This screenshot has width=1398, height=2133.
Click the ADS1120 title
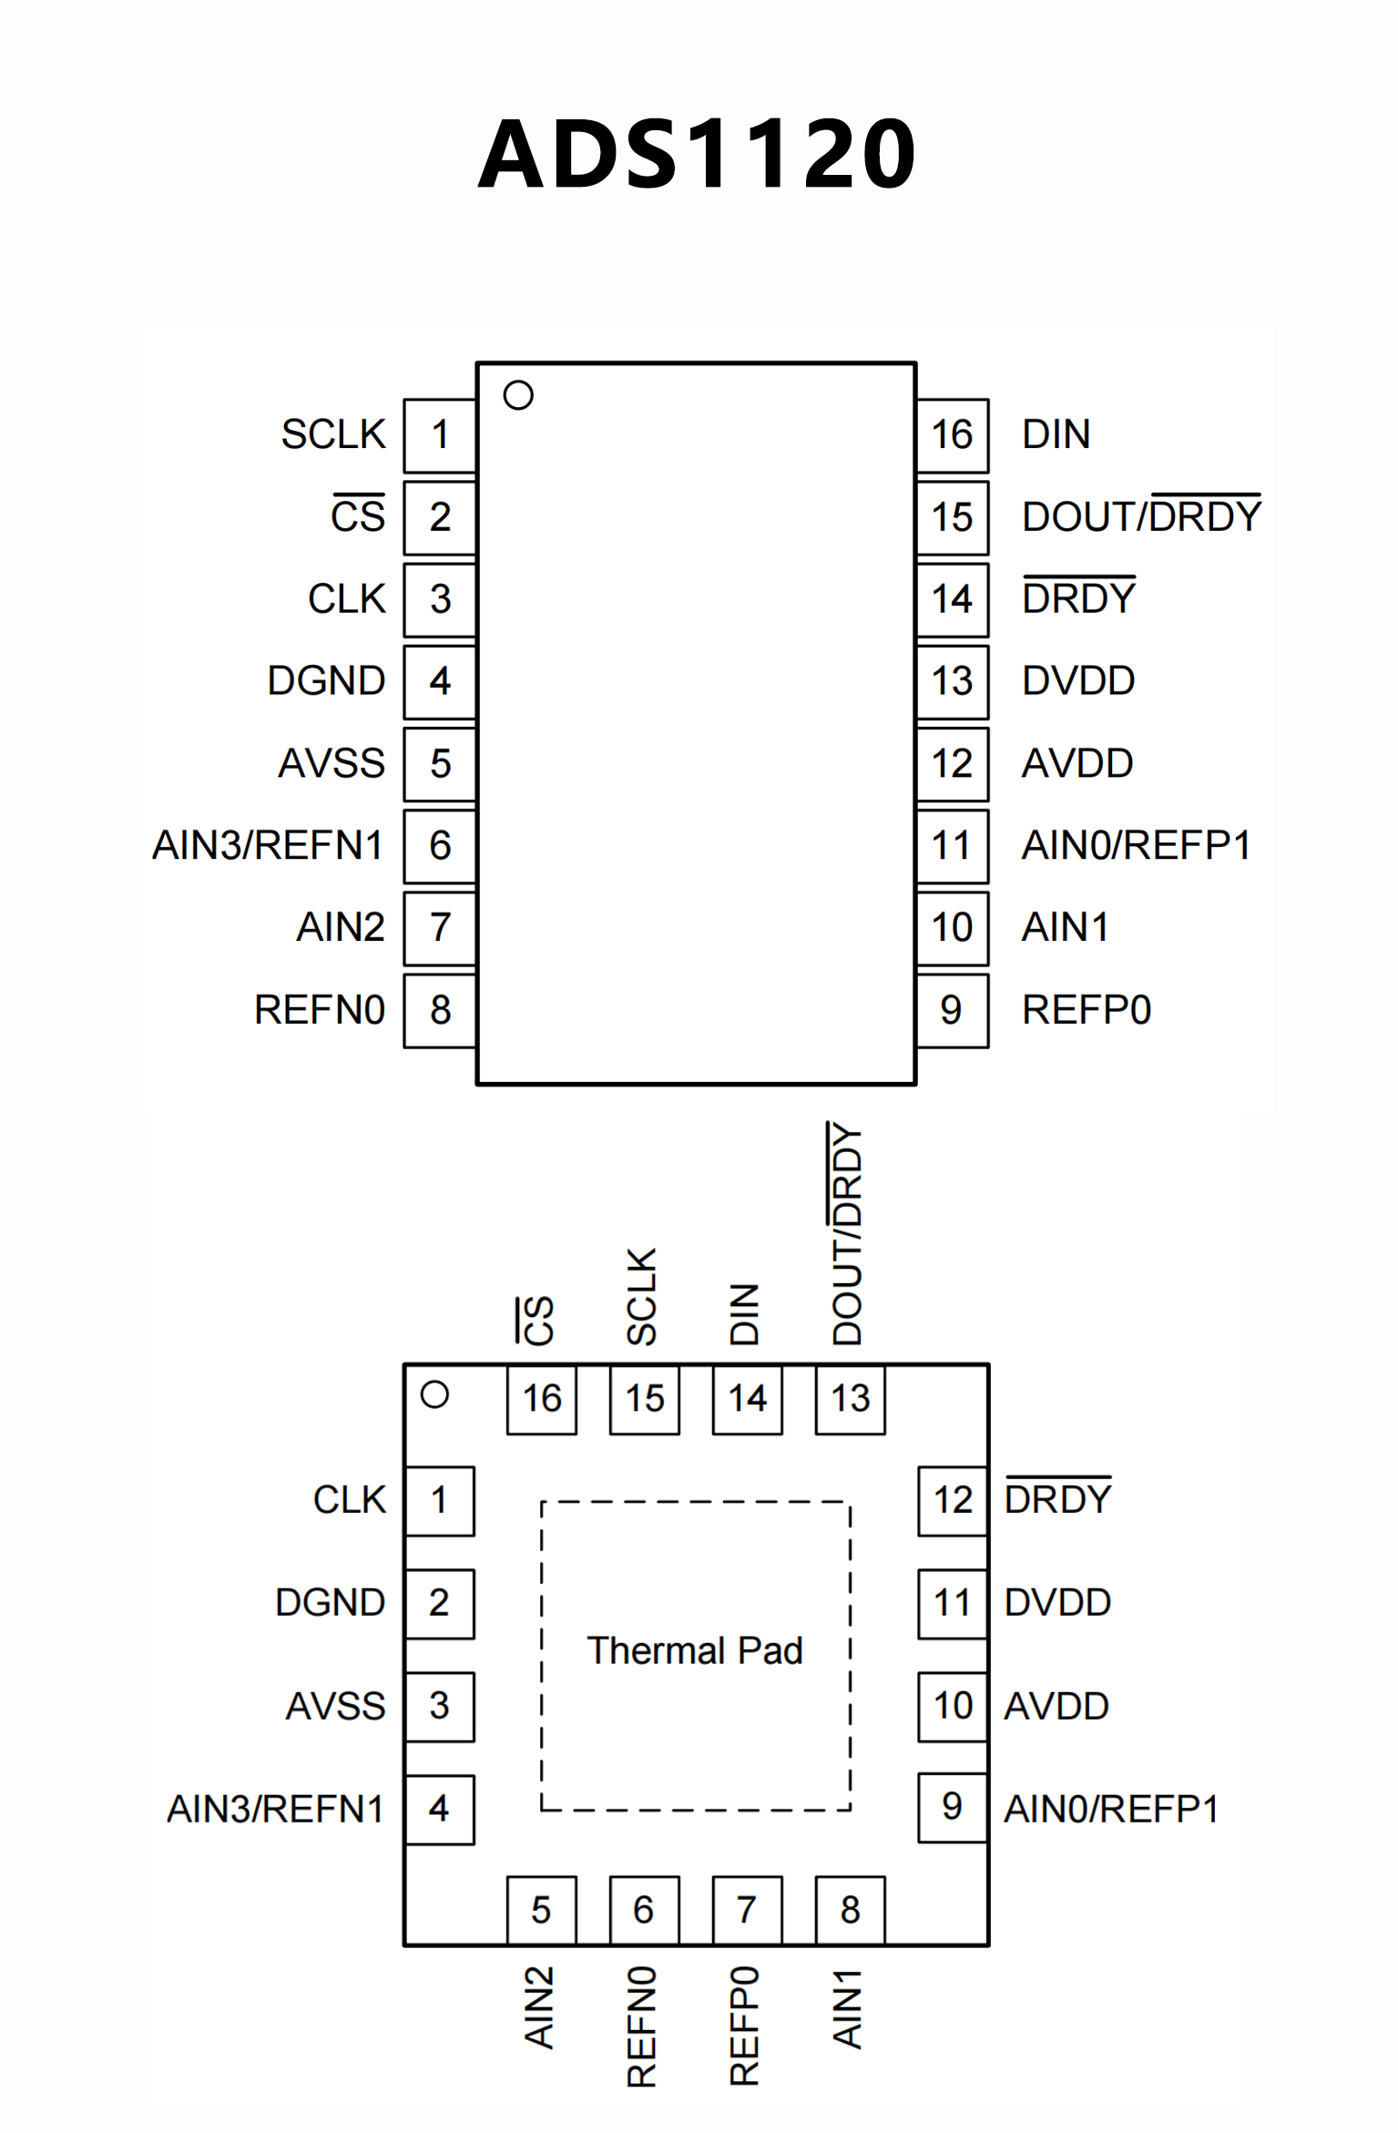[x=697, y=154]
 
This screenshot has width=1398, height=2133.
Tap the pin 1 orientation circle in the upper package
[x=518, y=395]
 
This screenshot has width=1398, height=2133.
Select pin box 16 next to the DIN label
[x=952, y=435]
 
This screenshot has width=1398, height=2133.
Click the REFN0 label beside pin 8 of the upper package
[x=319, y=1010]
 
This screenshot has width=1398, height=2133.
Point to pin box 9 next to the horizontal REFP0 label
[x=952, y=1010]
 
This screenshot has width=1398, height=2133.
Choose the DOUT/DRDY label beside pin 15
[x=1141, y=515]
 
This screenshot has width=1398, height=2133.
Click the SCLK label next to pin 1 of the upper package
[x=333, y=434]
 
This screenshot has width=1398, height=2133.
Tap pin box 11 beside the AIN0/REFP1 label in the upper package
[x=952, y=845]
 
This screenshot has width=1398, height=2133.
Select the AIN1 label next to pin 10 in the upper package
[x=1065, y=927]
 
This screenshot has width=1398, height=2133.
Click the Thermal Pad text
[x=695, y=1650]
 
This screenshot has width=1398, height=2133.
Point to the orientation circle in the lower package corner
[x=434, y=1394]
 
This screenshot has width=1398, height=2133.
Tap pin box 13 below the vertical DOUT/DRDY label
[x=850, y=1398]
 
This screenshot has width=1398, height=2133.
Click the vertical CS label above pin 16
[x=536, y=1320]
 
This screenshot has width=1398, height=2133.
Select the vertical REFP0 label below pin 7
[x=744, y=2026]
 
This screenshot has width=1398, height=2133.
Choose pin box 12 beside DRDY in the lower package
[x=952, y=1500]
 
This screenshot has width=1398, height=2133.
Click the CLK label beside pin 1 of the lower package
[x=350, y=1500]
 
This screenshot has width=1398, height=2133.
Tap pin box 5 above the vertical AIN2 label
[x=541, y=1910]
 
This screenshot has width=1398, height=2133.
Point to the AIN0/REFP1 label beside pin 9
[x=1110, y=1809]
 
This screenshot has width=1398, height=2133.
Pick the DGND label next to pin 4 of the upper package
[x=326, y=681]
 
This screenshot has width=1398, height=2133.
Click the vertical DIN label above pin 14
[x=744, y=1314]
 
